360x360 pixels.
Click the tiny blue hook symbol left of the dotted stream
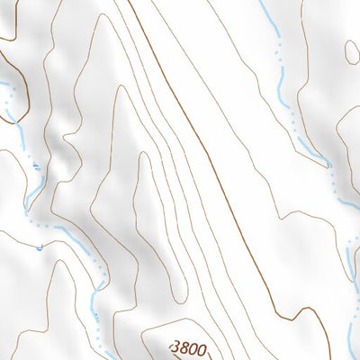tap(40, 245)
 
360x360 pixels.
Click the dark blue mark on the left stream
tap(34, 167)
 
